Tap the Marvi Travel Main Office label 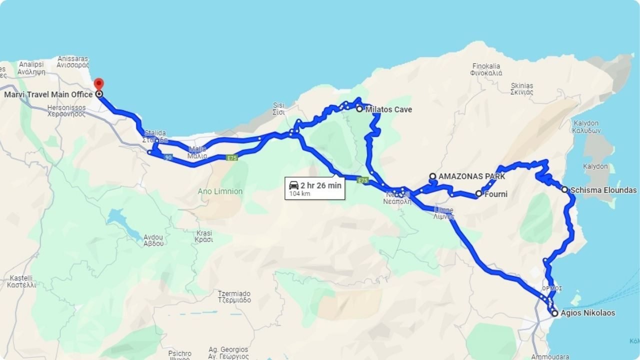(x=48, y=94)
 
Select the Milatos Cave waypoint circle (x=359, y=108)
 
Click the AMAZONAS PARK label (x=471, y=176)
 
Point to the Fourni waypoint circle (x=478, y=193)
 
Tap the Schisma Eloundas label (x=603, y=190)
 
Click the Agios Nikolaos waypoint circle (x=554, y=313)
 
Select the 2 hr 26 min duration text (x=321, y=185)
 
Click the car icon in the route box (x=294, y=185)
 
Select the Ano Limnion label (x=220, y=191)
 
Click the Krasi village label (x=204, y=236)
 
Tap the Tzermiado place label (x=234, y=297)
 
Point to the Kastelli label (x=21, y=281)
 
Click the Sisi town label (x=278, y=108)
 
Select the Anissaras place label (x=73, y=61)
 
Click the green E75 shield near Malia (x=231, y=158)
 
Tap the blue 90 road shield (x=168, y=157)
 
